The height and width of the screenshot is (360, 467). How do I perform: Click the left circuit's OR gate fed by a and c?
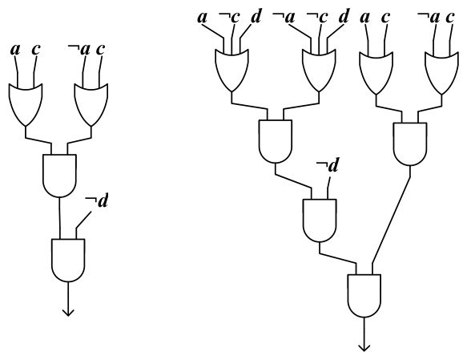[26, 104]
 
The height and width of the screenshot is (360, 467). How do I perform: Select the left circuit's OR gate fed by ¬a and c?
[91, 104]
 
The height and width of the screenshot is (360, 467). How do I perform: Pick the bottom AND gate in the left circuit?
[68, 260]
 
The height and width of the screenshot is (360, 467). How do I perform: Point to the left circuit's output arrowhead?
[68, 313]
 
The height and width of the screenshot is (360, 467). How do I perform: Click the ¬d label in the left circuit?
[96, 201]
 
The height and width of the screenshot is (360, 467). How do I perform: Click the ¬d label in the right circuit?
[328, 165]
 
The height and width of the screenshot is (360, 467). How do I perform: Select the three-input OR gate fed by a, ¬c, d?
[232, 71]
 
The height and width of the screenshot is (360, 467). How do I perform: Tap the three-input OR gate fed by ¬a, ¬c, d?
[319, 71]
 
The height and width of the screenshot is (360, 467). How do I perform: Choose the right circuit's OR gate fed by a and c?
[376, 73]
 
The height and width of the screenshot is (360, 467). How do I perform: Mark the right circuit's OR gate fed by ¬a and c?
[442, 73]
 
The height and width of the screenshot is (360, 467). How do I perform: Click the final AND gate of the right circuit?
[364, 296]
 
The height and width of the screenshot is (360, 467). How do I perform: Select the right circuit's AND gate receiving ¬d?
[320, 220]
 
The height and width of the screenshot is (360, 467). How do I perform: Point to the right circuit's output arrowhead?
[364, 348]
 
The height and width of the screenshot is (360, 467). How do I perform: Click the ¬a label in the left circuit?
[79, 50]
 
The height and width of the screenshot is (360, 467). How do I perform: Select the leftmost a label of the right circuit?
[202, 18]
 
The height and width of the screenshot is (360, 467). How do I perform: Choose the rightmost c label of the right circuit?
[449, 18]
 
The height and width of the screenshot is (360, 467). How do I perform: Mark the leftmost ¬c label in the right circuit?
[229, 18]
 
